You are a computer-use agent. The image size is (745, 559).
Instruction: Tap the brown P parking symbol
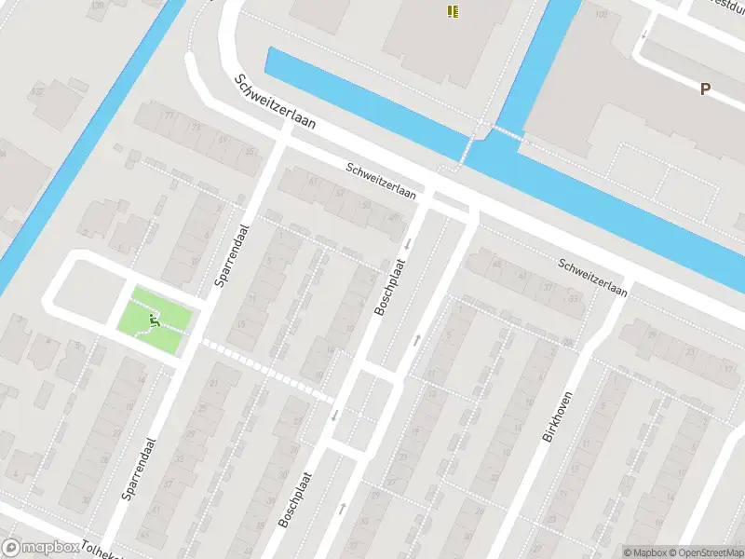tap(705, 89)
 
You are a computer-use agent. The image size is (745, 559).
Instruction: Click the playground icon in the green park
tap(155, 320)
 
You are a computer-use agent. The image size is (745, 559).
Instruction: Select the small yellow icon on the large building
tap(452, 11)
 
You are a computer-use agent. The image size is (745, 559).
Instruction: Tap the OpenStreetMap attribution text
tap(705, 552)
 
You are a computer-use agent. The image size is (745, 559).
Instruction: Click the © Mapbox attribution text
tap(644, 552)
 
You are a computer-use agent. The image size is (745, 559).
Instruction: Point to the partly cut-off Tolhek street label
tap(101, 550)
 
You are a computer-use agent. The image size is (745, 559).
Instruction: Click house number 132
tap(37, 91)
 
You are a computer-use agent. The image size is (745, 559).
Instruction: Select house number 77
tap(169, 115)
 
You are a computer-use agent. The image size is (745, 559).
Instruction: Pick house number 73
tap(196, 126)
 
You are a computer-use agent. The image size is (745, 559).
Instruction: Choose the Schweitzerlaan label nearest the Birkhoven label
tap(592, 277)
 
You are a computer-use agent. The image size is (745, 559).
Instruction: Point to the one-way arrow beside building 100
tap(643, 34)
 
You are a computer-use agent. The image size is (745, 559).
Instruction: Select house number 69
tap(223, 139)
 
